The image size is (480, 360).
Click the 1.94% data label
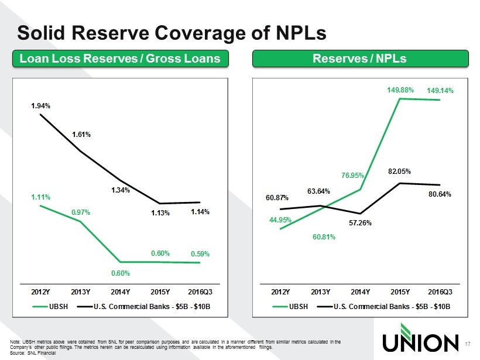(x=41, y=106)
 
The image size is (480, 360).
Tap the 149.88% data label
(x=400, y=90)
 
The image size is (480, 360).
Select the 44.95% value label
(x=280, y=220)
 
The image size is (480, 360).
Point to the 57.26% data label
(x=360, y=223)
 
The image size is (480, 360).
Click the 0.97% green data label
(x=81, y=212)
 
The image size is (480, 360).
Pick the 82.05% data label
(x=399, y=172)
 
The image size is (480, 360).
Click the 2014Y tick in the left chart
(x=121, y=292)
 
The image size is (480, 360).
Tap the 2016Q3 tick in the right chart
(x=440, y=292)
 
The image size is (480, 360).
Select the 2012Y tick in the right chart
(x=280, y=292)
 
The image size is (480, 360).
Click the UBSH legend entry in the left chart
(x=50, y=306)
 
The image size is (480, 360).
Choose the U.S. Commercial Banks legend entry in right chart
(x=383, y=306)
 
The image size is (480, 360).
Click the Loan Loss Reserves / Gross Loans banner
(x=121, y=59)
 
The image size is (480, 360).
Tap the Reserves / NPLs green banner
(x=361, y=59)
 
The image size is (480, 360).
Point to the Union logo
(x=420, y=338)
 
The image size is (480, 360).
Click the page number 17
(x=468, y=344)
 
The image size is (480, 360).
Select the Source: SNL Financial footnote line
(x=33, y=353)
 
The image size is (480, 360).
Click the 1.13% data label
(x=160, y=212)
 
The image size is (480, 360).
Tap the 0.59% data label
(x=200, y=254)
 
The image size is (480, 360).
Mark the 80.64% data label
(x=440, y=194)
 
